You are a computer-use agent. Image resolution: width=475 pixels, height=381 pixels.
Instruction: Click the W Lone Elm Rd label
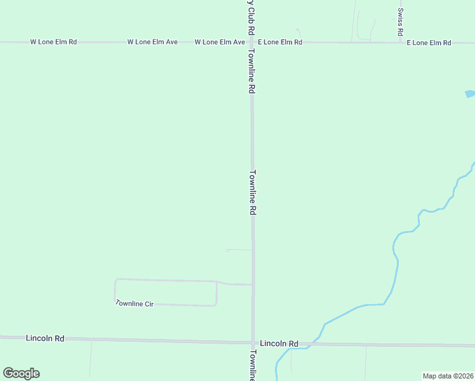53,42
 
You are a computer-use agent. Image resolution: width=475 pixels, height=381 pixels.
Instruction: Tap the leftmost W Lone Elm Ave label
152,42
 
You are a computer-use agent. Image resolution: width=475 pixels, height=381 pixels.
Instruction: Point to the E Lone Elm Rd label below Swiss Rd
429,43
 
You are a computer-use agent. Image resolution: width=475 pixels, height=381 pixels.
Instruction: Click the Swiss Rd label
401,22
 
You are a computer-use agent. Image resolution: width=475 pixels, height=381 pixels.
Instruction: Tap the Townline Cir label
135,304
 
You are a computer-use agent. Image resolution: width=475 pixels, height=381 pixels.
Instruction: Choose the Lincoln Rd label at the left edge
45,338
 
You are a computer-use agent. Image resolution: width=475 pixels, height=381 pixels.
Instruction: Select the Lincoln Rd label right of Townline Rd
279,344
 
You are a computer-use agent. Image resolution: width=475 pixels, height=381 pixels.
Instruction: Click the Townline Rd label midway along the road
253,192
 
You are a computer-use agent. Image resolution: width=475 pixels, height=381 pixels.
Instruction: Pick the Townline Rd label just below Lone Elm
252,71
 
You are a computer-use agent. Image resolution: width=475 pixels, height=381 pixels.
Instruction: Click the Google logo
21,373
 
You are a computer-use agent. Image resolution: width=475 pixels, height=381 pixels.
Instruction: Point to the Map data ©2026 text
448,375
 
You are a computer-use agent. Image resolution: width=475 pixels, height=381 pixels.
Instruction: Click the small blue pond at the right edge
470,94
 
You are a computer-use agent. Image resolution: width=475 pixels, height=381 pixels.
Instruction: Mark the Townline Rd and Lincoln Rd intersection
253,343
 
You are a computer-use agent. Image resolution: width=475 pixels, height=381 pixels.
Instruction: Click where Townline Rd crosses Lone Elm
252,43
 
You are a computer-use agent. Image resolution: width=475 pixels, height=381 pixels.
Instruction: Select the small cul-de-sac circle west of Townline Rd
227,250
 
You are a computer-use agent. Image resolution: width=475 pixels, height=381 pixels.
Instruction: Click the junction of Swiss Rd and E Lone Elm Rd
401,43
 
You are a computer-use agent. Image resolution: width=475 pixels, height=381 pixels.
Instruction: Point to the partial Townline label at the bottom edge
253,366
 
